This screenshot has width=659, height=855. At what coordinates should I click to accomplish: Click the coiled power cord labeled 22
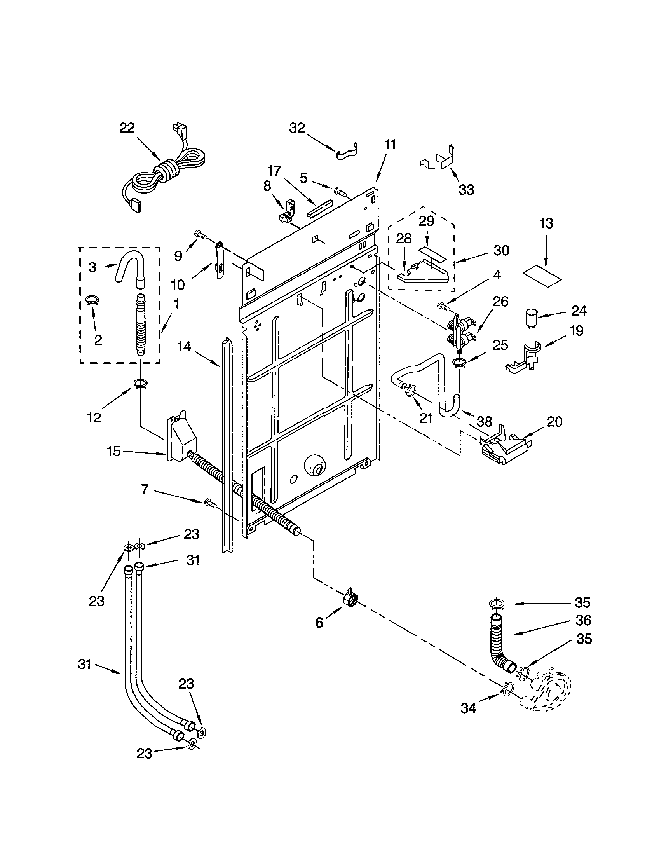point(164,172)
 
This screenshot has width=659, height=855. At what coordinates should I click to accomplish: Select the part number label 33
point(466,190)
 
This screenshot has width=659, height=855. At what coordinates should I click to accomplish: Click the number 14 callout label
point(184,346)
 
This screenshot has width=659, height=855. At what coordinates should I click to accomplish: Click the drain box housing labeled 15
point(180,438)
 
